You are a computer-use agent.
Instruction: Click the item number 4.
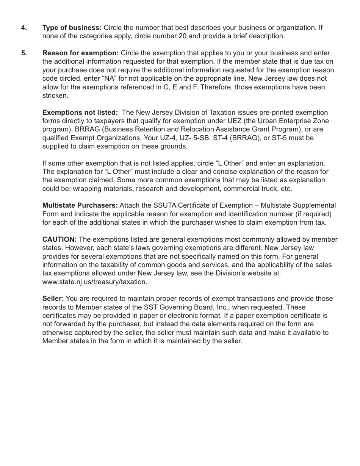pyautogui.click(x=24, y=28)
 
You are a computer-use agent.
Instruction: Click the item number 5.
pyautogui.click(x=24, y=53)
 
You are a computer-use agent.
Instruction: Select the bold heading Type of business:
pyautogui.click(x=72, y=28)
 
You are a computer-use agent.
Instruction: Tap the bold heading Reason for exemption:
pyautogui.click(x=80, y=53)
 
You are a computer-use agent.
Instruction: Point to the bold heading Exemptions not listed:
pyautogui.click(x=80, y=113)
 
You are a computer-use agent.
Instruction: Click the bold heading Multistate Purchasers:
pyautogui.click(x=80, y=205)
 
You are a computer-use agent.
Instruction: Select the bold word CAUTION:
pyautogui.click(x=59, y=239)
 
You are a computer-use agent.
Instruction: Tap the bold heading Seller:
pyautogui.click(x=53, y=299)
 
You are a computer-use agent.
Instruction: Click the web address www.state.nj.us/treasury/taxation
pyautogui.click(x=95, y=282)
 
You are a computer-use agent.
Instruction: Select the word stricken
pyautogui.click(x=55, y=95)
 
